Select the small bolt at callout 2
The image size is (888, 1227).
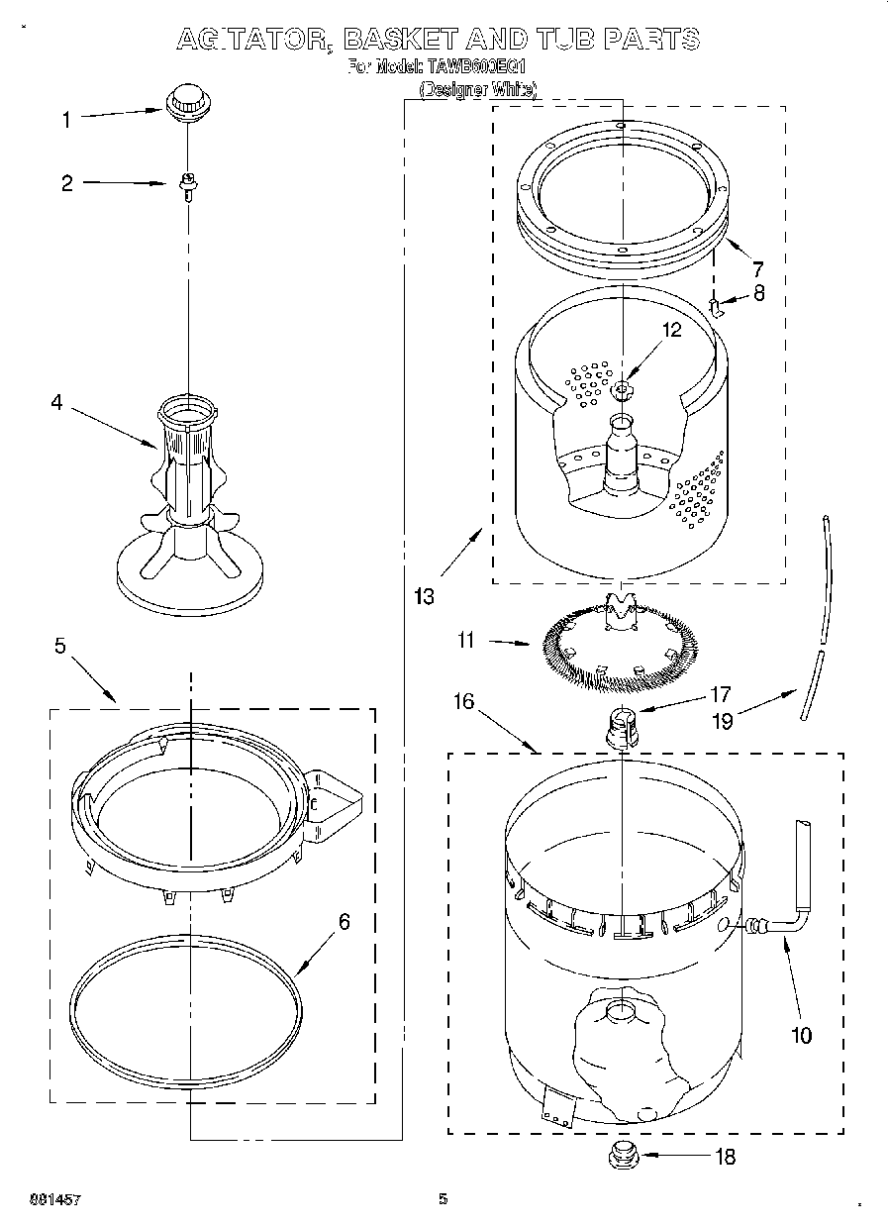tap(186, 183)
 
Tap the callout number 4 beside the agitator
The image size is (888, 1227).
tap(56, 402)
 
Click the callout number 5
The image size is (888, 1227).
tap(60, 646)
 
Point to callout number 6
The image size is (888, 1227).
tap(344, 922)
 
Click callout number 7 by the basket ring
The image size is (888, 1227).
tap(756, 267)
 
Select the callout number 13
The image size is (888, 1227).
tap(424, 596)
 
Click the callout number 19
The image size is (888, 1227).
tap(723, 721)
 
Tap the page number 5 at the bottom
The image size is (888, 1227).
tap(444, 1199)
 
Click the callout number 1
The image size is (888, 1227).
tap(66, 120)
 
